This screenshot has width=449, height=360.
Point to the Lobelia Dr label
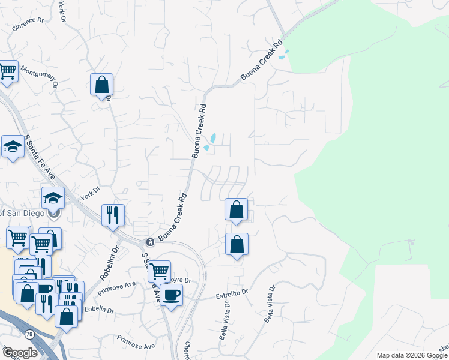[x=99, y=310]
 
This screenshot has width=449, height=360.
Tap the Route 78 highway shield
[x=29, y=333]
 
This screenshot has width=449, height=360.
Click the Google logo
[x=20, y=353]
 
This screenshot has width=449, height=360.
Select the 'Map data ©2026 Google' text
[x=411, y=355]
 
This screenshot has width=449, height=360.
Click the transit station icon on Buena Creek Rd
[x=149, y=242]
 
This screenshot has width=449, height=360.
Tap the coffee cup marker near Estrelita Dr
[x=172, y=295]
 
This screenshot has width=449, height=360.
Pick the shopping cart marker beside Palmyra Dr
[x=159, y=271]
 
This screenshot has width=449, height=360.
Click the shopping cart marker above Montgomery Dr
[x=7, y=71]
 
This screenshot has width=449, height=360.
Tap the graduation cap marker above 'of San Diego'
[x=53, y=197]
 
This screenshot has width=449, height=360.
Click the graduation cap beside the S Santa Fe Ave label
[x=12, y=146]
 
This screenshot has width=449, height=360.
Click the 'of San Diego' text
[x=22, y=213]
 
